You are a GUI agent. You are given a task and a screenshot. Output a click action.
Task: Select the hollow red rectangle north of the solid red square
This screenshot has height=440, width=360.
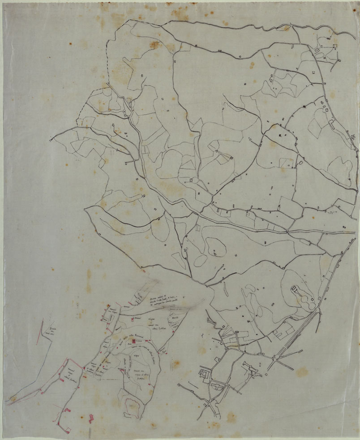coord(133,319)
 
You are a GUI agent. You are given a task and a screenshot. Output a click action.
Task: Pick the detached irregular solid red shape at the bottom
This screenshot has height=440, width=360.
coord(91,418)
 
